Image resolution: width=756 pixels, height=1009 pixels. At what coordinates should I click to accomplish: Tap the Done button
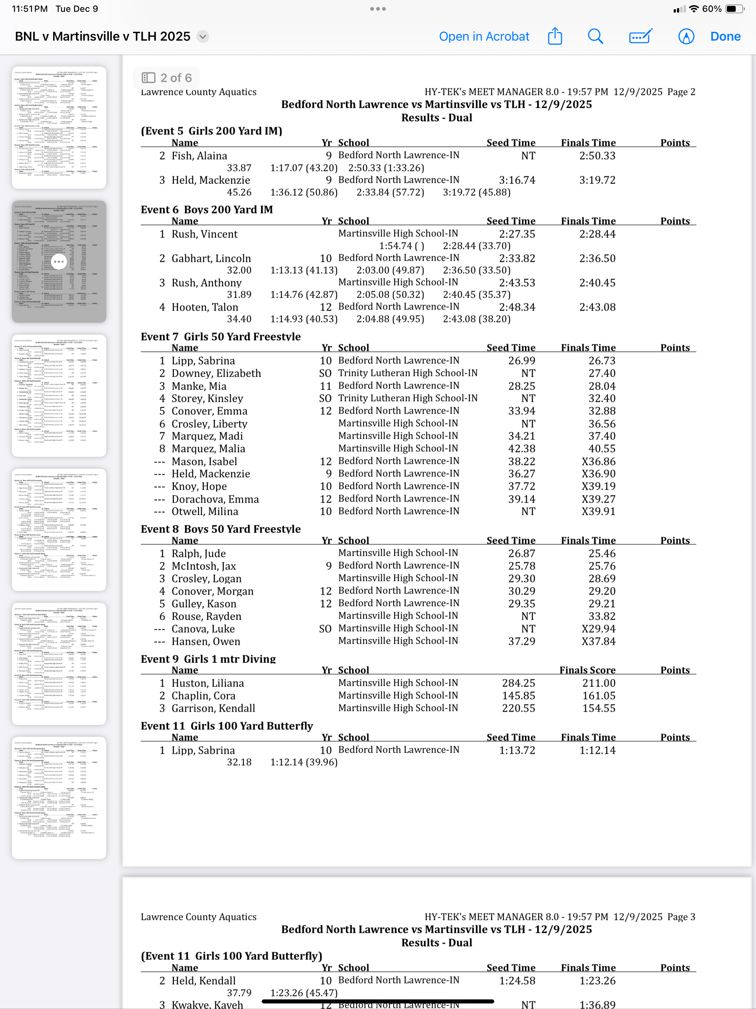pyautogui.click(x=725, y=37)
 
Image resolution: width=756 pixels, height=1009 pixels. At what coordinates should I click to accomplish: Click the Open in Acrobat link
pyautogui.click(x=484, y=37)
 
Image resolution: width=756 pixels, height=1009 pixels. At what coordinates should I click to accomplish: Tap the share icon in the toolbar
pyautogui.click(x=555, y=36)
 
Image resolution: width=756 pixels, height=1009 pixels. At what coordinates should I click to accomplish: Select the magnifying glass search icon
pyautogui.click(x=595, y=37)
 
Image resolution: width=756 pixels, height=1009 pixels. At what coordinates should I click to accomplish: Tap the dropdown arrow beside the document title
pyautogui.click(x=203, y=37)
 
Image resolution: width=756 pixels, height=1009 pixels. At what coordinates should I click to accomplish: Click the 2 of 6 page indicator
pyautogui.click(x=167, y=78)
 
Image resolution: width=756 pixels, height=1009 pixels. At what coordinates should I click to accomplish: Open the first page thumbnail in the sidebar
pyautogui.click(x=59, y=128)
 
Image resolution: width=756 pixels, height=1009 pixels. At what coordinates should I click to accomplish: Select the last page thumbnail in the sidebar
pyautogui.click(x=59, y=798)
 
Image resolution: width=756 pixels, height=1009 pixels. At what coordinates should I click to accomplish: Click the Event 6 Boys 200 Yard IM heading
pyautogui.click(x=207, y=209)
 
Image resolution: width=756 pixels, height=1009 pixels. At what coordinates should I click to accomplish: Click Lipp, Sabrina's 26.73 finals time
pyautogui.click(x=601, y=361)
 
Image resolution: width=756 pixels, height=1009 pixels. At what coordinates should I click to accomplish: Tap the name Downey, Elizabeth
pyautogui.click(x=216, y=373)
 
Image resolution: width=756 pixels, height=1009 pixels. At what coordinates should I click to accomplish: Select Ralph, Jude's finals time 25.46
pyautogui.click(x=601, y=553)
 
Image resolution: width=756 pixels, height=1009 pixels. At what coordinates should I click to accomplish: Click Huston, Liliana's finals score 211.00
pyautogui.click(x=598, y=683)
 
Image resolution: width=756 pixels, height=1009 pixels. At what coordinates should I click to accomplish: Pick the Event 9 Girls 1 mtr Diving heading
pyautogui.click(x=208, y=659)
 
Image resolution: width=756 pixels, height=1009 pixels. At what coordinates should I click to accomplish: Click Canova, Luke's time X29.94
pyautogui.click(x=598, y=629)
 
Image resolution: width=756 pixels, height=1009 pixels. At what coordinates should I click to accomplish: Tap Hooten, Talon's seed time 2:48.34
pyautogui.click(x=517, y=307)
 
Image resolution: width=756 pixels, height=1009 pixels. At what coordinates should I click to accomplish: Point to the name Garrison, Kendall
pyautogui.click(x=213, y=708)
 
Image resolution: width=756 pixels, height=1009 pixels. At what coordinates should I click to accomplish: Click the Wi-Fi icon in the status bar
pyautogui.click(x=694, y=8)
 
